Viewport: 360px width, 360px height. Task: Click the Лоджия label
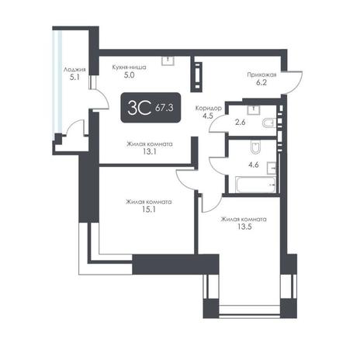(74, 70)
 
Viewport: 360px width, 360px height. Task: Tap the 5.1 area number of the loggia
(74, 78)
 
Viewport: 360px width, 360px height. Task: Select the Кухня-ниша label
(129, 67)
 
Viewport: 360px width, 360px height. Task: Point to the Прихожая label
(261, 74)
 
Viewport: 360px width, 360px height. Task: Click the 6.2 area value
(261, 83)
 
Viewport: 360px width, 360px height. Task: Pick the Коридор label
(208, 108)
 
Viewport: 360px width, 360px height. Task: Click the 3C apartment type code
(140, 108)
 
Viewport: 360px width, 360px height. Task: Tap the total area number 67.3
(164, 107)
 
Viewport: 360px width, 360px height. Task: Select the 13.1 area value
(150, 152)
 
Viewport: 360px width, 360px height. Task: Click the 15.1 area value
(149, 209)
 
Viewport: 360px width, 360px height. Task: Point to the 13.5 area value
(244, 227)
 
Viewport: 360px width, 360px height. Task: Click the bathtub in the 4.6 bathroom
(255, 185)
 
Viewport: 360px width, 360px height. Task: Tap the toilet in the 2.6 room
(269, 123)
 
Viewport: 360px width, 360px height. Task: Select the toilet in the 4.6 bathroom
(255, 147)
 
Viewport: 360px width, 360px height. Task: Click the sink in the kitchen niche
(168, 61)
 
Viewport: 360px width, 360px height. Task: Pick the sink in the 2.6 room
(254, 110)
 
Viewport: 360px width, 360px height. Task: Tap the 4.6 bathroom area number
(254, 164)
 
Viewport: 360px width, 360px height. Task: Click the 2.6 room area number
(241, 123)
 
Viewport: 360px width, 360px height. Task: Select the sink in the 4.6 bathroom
(272, 168)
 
